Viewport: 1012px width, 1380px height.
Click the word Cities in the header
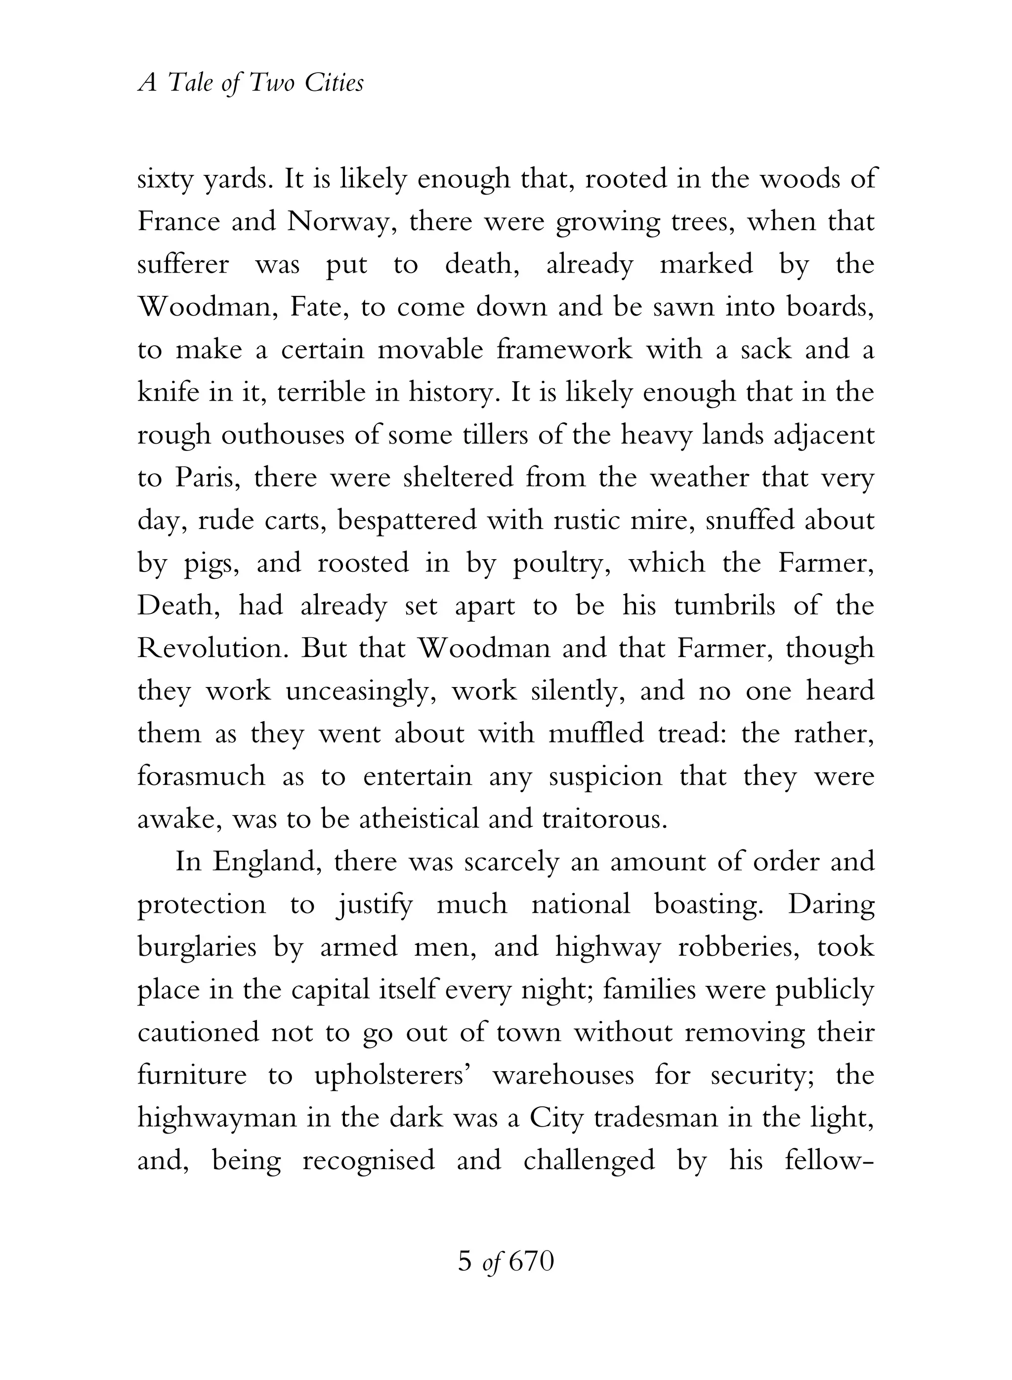coord(334,82)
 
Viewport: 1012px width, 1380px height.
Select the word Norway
coord(339,222)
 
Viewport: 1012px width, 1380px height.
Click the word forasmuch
coord(201,776)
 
